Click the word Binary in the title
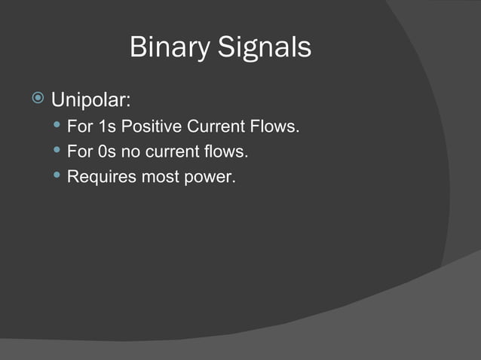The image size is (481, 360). [170, 48]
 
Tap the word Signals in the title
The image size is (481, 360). [265, 48]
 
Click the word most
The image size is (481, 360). [155, 178]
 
